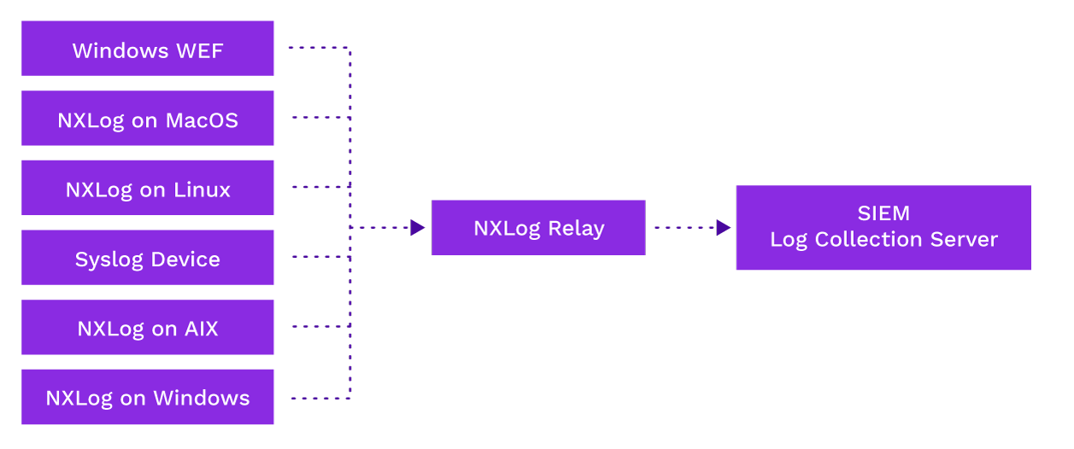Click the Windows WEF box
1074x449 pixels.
pyautogui.click(x=147, y=49)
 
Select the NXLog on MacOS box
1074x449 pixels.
pyautogui.click(x=147, y=119)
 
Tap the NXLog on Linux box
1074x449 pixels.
pyautogui.click(x=147, y=188)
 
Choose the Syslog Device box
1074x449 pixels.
pyautogui.click(x=147, y=258)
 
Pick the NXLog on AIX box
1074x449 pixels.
pyautogui.click(x=147, y=328)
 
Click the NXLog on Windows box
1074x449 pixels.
pyautogui.click(x=147, y=397)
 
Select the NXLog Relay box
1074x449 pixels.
pyautogui.click(x=537, y=228)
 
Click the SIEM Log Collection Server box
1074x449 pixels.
pyautogui.click(x=883, y=227)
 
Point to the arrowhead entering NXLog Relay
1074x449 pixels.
pyautogui.click(x=418, y=228)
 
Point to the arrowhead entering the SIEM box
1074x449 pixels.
pyautogui.click(x=724, y=228)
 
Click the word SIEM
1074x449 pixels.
pyautogui.click(x=883, y=213)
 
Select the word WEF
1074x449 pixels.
pyautogui.click(x=199, y=50)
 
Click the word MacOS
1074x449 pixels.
pyautogui.click(x=202, y=120)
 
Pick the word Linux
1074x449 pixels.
pyautogui.click(x=202, y=190)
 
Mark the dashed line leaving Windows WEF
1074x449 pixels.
pyautogui.click(x=316, y=48)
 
